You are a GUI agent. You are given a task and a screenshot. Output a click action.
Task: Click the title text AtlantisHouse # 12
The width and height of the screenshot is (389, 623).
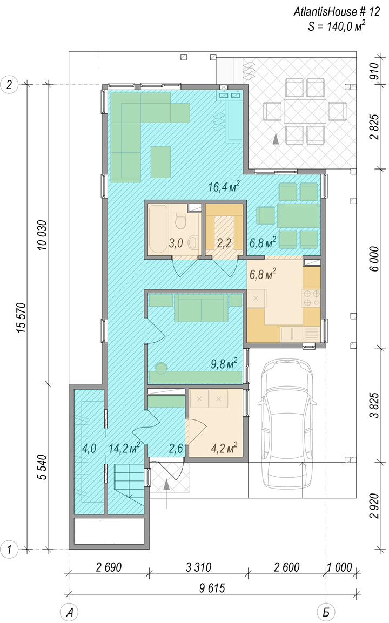tap(337, 12)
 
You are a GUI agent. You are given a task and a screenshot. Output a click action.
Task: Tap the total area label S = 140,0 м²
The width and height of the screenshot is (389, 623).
tap(337, 26)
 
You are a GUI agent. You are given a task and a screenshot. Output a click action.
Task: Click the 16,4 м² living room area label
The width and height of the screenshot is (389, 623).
tap(224, 187)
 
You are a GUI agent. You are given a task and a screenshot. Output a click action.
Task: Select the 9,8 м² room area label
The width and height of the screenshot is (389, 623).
tap(224, 363)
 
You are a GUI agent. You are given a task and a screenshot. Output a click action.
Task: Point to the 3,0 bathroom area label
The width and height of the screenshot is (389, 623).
tap(176, 243)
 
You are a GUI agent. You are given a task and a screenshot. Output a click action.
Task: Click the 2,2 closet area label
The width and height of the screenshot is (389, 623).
tap(224, 243)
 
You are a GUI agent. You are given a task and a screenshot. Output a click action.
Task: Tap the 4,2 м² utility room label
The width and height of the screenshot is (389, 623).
tap(224, 448)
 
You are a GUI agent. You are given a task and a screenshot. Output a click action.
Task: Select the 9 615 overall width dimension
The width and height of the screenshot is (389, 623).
tap(212, 587)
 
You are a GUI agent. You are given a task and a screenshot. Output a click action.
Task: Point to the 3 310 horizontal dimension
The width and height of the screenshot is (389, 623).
tap(198, 567)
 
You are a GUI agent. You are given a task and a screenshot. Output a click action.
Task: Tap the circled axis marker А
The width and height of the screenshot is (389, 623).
tap(69, 612)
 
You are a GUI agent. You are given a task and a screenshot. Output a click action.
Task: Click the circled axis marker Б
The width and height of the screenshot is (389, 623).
tap(326, 612)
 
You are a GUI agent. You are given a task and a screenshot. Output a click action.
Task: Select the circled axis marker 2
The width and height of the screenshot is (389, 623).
tap(10, 85)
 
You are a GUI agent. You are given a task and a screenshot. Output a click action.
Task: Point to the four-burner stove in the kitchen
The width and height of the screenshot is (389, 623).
tap(311, 298)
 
